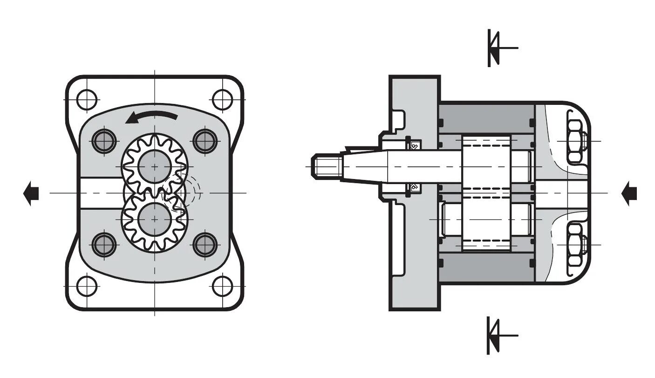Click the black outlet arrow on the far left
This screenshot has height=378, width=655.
[31, 193]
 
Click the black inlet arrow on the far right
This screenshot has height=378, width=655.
[629, 193]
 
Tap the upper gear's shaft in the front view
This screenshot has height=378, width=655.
[155, 167]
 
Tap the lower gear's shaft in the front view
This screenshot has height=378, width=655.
[155, 219]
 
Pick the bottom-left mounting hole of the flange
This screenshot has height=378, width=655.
[87, 286]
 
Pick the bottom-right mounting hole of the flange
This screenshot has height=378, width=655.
[222, 286]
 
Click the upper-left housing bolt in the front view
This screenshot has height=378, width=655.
[104, 141]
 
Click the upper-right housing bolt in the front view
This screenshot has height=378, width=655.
[205, 141]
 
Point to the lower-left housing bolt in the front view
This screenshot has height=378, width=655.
[104, 244]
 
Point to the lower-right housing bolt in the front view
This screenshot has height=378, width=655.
[205, 244]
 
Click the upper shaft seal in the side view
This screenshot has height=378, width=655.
[413, 145]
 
